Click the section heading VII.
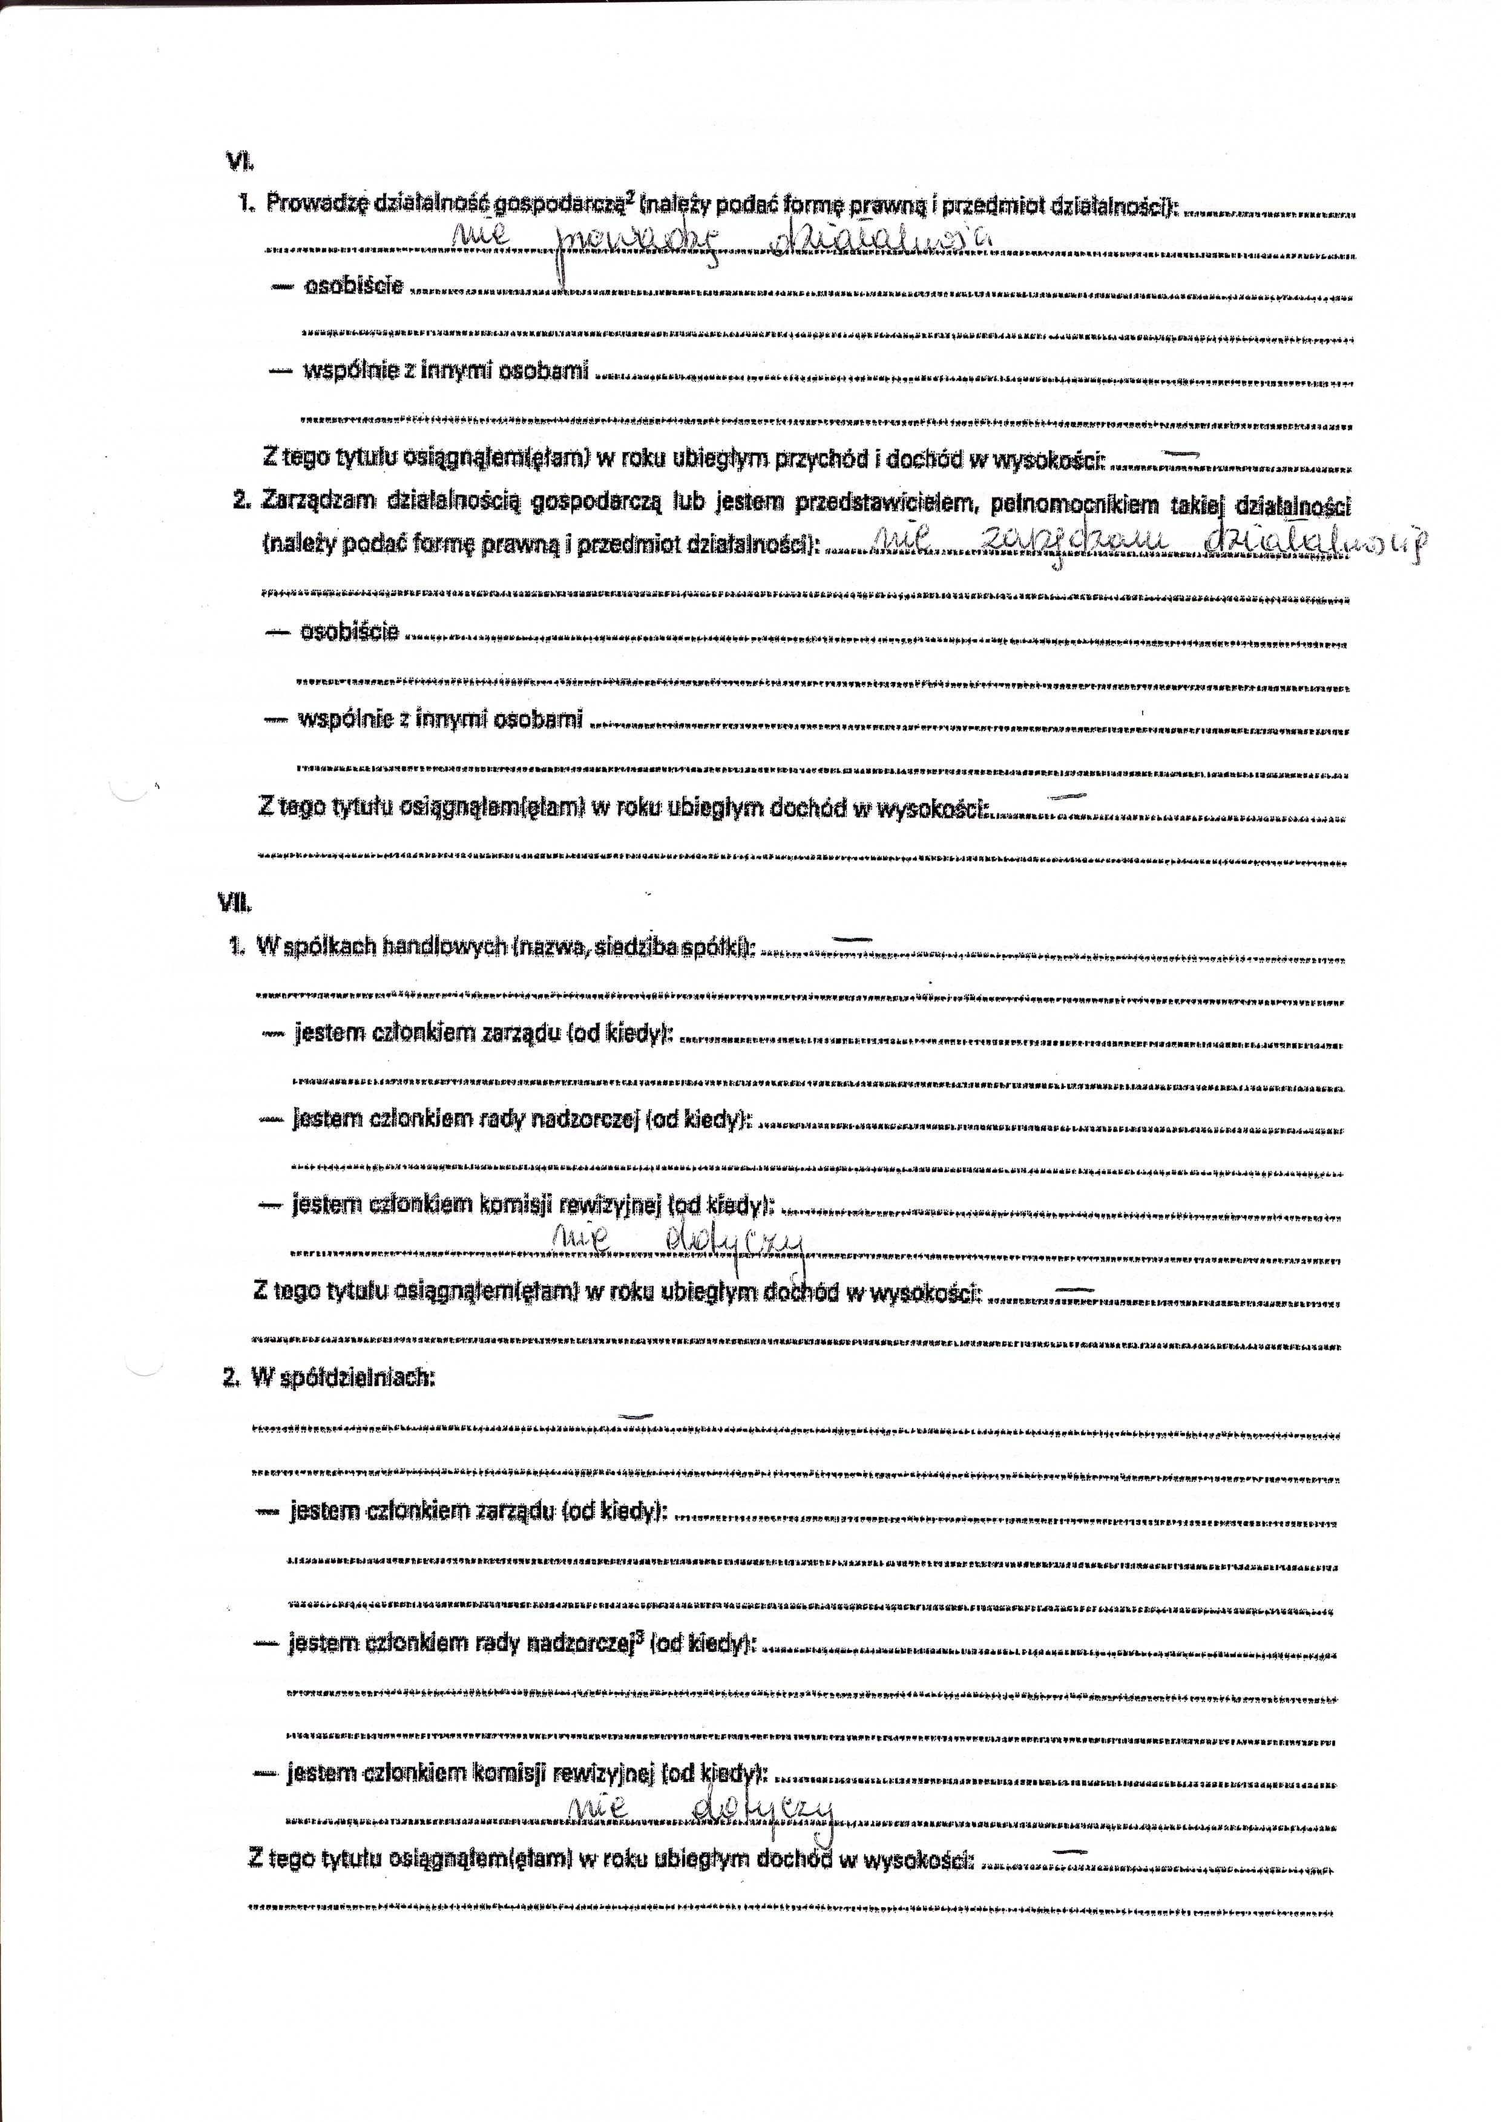pos(237,903)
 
